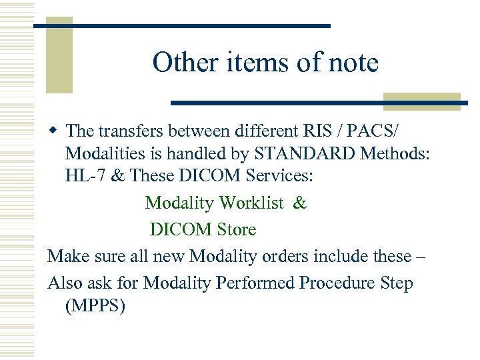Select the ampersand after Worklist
[x=300, y=203]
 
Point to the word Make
[x=68, y=256]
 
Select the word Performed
[x=255, y=283]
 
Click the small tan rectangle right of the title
[x=422, y=101]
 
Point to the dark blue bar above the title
[x=182, y=25]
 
